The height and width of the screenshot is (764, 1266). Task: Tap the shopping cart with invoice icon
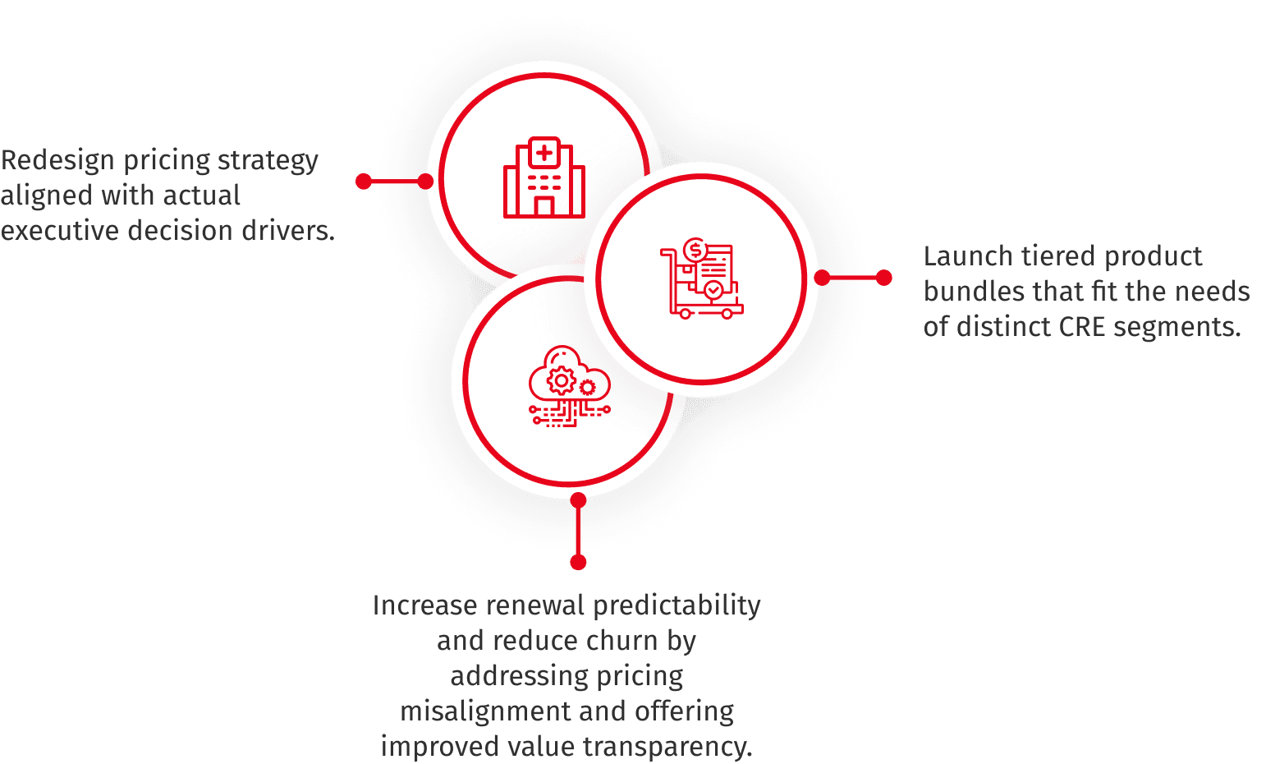[702, 279]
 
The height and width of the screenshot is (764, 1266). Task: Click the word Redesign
[58, 160]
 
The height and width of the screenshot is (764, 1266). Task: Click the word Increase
[424, 605]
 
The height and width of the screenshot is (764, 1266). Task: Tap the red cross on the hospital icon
[544, 153]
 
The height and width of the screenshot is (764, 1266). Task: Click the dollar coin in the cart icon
[695, 249]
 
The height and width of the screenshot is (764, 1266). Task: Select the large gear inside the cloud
[562, 381]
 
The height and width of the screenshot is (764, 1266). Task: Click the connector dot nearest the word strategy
[364, 182]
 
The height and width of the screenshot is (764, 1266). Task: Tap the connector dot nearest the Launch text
[883, 278]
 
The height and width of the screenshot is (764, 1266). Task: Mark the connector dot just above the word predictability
[578, 562]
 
